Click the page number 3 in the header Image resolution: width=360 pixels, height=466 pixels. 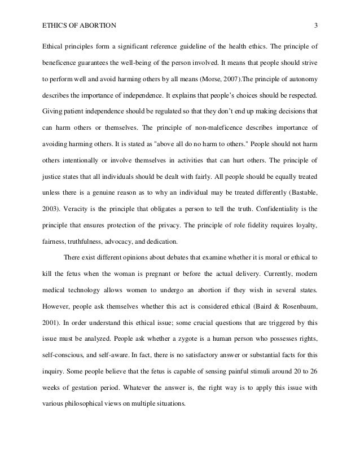point(316,25)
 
